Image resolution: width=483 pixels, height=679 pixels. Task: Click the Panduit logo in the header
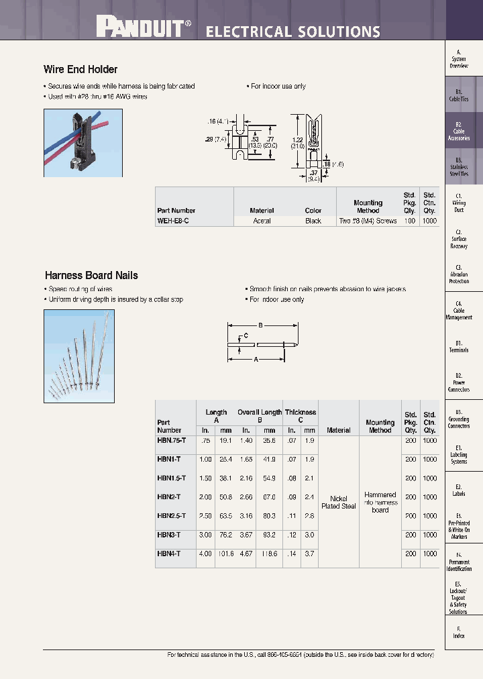click(x=144, y=28)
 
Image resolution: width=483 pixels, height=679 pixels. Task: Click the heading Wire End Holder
click(x=80, y=69)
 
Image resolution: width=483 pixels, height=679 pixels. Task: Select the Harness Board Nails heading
click(x=91, y=275)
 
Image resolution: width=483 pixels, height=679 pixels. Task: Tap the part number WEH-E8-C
click(x=173, y=221)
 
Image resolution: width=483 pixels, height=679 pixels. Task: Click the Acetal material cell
click(x=262, y=221)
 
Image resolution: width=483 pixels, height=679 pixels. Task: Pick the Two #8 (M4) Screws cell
click(x=368, y=221)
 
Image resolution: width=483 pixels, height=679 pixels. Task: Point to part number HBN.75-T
click(x=171, y=441)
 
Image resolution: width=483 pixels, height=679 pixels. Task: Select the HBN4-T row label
click(x=168, y=554)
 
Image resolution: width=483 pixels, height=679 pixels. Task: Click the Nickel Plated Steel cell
click(x=338, y=503)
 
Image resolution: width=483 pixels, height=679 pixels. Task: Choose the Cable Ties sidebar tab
click(x=459, y=95)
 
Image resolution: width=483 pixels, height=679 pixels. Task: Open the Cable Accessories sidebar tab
click(x=459, y=131)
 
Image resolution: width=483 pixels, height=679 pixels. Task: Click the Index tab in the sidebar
click(x=459, y=632)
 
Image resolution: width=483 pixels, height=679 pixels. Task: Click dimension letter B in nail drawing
click(x=260, y=324)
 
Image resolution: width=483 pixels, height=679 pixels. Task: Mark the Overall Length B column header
click(x=260, y=416)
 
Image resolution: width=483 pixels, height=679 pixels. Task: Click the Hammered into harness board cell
click(x=380, y=503)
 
